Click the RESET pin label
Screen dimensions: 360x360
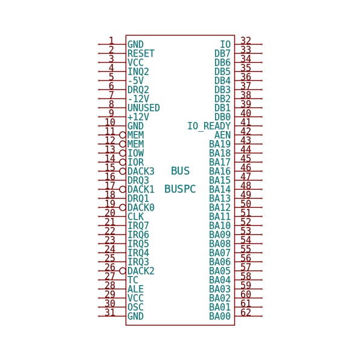pos(141,54)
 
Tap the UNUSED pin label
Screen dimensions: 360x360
pos(144,108)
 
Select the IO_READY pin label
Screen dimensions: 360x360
pos(209,126)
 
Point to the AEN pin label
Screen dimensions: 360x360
pos(222,135)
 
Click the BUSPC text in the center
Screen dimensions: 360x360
pos(180,189)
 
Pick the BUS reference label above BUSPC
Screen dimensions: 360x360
pos(180,171)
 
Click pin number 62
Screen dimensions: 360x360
pos(246,312)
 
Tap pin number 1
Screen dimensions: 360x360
pos(111,40)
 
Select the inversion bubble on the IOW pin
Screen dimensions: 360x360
pos(123,153)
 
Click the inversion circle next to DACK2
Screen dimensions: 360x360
pos(123,271)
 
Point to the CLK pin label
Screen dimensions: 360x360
pos(136,216)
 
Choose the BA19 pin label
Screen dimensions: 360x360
pos(220,144)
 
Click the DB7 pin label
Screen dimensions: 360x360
pos(222,54)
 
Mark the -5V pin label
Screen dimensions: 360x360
pos(136,80)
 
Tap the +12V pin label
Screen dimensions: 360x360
pos(138,117)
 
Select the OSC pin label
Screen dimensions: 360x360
pos(136,307)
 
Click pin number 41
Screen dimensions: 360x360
pos(246,122)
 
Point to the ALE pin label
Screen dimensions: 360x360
pos(136,289)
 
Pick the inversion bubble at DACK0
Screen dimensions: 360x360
pos(123,208)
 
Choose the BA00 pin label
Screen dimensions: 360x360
pos(220,317)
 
